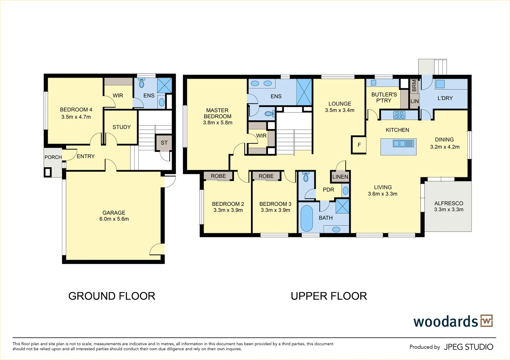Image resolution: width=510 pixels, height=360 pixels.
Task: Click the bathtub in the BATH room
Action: (306, 219)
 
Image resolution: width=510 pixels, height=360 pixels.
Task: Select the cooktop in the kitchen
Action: (399, 115)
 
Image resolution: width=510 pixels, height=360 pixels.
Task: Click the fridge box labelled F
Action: (359, 145)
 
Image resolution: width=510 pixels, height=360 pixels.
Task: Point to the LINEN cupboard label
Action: (340, 177)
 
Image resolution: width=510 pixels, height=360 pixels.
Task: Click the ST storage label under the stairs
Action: (164, 143)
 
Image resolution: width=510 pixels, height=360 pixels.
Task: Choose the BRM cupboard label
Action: (414, 86)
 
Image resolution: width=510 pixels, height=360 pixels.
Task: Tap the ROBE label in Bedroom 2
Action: (218, 176)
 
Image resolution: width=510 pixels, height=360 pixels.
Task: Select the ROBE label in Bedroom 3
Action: (266, 176)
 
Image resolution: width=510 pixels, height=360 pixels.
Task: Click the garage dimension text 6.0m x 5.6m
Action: (114, 219)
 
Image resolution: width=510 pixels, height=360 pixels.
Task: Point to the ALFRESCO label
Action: (449, 203)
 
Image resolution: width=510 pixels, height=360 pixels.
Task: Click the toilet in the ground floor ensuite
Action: (141, 83)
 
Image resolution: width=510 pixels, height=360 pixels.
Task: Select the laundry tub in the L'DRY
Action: (440, 84)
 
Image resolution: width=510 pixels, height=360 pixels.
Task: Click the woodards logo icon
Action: (486, 321)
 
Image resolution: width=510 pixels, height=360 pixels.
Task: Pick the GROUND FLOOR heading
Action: (112, 296)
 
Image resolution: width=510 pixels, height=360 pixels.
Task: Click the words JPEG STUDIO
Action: (468, 347)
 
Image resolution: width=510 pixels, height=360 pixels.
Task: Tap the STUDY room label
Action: (121, 127)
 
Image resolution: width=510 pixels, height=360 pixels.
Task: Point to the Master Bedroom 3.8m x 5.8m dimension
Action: (217, 123)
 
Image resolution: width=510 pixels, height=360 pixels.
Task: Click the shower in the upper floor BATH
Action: (342, 206)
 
